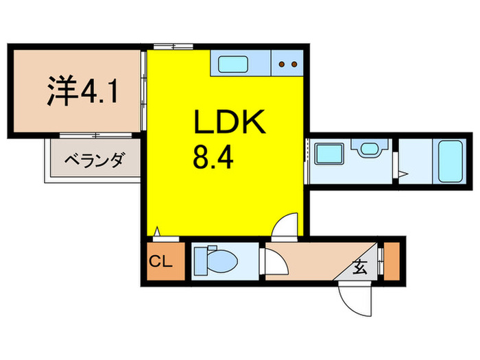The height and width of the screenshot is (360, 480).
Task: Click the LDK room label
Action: coord(228,123)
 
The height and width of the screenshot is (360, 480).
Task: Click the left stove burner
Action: coord(282,65)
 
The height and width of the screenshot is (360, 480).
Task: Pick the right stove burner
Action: coord(293,65)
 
